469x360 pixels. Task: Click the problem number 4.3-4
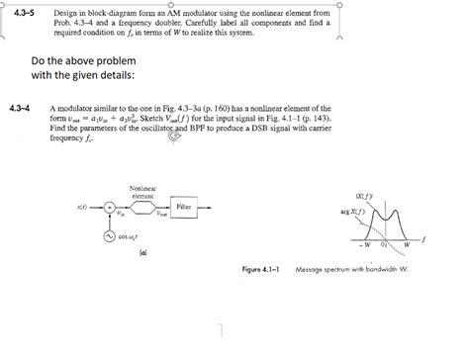(x=20, y=106)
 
